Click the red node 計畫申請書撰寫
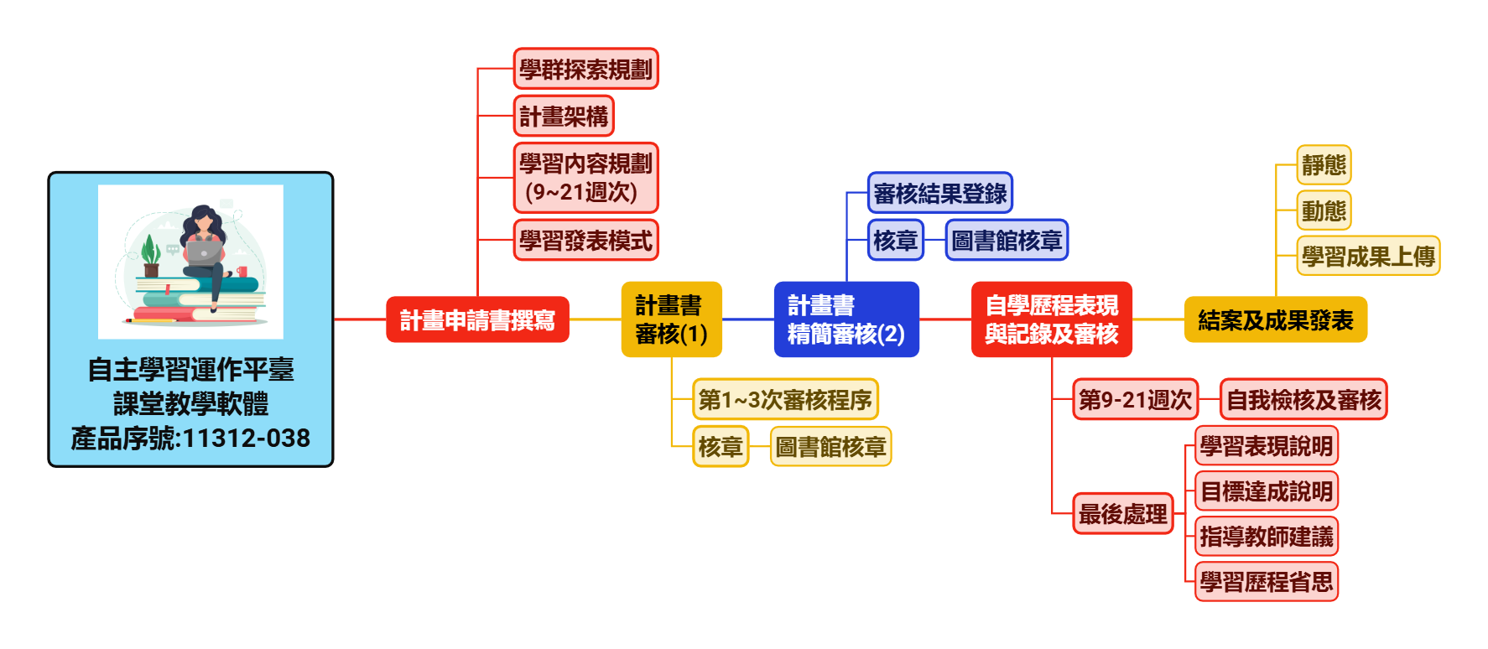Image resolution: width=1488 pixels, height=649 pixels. [x=477, y=319]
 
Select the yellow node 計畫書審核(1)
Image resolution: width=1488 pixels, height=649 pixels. [x=671, y=319]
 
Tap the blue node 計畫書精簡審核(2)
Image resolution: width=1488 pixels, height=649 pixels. [x=845, y=319]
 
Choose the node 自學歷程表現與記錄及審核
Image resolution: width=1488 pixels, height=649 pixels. [x=1051, y=319]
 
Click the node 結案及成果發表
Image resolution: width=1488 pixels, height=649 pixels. [x=1275, y=319]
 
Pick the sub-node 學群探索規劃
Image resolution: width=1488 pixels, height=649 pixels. [x=585, y=69]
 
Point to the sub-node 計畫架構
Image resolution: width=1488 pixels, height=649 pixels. [x=564, y=116]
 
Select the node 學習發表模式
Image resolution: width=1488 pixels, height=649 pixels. [x=585, y=241]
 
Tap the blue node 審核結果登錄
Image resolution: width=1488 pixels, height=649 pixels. [x=939, y=194]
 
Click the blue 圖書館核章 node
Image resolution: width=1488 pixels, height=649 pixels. [x=1007, y=241]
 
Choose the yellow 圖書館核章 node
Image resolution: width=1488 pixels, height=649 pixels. [x=830, y=446]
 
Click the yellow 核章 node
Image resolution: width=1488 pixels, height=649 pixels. [x=721, y=446]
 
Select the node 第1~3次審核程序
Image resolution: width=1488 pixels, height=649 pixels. [x=785, y=399]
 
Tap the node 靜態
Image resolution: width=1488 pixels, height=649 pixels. [x=1324, y=164]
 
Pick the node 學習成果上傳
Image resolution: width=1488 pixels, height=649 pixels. [x=1368, y=256]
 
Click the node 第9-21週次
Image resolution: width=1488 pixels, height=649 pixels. [x=1135, y=399]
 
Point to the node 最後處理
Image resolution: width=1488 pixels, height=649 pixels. [x=1122, y=513]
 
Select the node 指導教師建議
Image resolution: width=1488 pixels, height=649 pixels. [x=1266, y=536]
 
